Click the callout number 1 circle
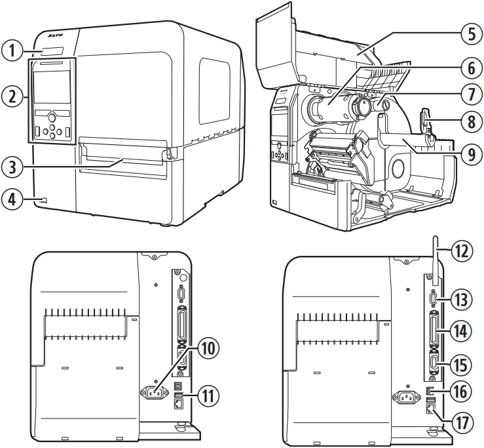[x=12, y=49]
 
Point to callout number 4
[x=12, y=199]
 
